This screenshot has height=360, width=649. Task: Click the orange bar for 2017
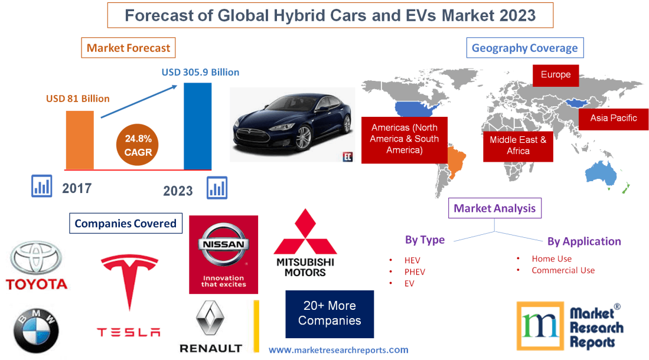(80, 139)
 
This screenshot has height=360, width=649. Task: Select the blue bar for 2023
(197, 126)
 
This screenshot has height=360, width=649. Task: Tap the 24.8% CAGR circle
(138, 145)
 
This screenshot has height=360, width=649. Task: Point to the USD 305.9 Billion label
(201, 72)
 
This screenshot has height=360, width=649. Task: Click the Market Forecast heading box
(128, 48)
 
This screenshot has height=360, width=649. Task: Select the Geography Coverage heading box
(524, 48)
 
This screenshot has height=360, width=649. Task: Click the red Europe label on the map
(555, 75)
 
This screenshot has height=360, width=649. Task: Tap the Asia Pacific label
(614, 118)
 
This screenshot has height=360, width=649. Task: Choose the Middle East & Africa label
(518, 145)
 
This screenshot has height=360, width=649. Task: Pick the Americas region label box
(404, 139)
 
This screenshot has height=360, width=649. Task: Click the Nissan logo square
(223, 254)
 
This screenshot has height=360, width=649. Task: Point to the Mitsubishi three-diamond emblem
(304, 233)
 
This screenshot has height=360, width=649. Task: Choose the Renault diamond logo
(210, 318)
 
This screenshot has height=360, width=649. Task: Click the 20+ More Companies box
(330, 313)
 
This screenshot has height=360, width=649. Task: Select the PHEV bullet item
(415, 271)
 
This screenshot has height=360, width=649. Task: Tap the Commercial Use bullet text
(563, 270)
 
